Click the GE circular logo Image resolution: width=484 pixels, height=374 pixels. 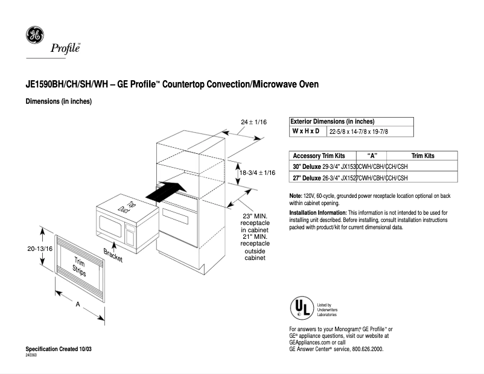34,36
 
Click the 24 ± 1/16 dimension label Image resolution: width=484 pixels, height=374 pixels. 253,122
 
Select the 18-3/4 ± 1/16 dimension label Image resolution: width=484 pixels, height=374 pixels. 258,173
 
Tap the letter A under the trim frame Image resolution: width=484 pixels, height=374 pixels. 78,305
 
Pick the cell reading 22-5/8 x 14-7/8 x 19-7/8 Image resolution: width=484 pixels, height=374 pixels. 358,132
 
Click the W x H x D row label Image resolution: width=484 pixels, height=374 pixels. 306,131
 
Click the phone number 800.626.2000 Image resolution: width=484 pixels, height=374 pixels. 364,349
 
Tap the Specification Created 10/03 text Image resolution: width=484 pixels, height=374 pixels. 59,349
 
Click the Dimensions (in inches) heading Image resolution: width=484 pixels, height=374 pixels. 59,101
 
